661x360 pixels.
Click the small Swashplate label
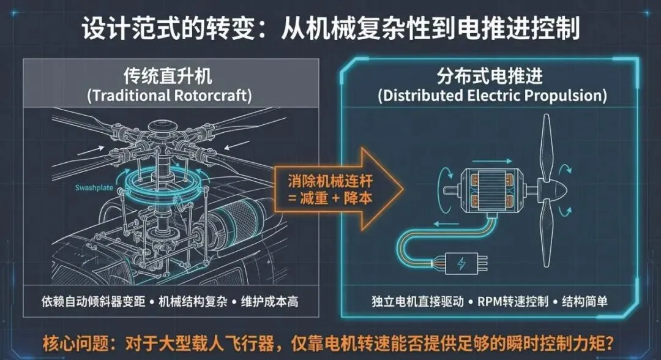pyautogui.click(x=94, y=188)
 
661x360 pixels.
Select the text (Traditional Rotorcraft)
pyautogui.click(x=171, y=96)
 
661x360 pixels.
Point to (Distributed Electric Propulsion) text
pyautogui.click(x=492, y=96)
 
